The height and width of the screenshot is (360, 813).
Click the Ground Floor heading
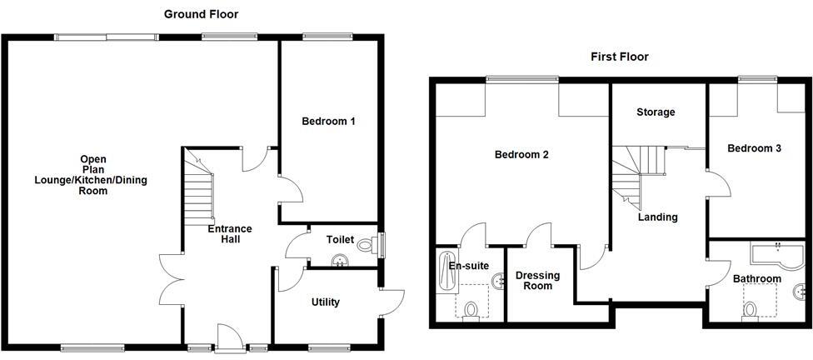[x=201, y=14]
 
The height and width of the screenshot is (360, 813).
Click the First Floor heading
[x=620, y=57]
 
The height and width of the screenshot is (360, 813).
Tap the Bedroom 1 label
[x=328, y=122]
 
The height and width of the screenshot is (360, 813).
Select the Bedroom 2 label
[x=521, y=154]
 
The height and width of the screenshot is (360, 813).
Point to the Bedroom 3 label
[x=754, y=148]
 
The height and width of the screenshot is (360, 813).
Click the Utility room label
[x=325, y=302]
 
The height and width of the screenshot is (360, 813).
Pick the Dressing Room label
[x=537, y=281]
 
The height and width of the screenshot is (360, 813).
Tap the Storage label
[x=656, y=112]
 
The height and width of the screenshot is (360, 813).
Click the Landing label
[x=657, y=217]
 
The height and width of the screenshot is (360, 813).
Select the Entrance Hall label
[x=231, y=234]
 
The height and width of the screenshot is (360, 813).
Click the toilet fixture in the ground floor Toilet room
[x=367, y=245]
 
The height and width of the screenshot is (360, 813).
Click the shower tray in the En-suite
[x=446, y=272]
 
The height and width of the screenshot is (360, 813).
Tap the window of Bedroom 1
[x=329, y=37]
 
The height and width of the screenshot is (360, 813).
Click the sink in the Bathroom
[x=801, y=292]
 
